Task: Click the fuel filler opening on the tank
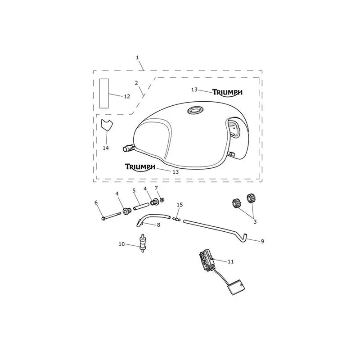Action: coord(195,110)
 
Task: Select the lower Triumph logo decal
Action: coord(140,167)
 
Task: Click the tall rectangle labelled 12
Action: coord(104,93)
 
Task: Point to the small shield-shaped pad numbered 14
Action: coord(107,125)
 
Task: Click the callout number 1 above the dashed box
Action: coord(137,58)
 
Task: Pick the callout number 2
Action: coord(136,83)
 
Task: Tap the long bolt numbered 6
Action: coord(111,216)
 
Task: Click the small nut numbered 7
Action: coord(162,200)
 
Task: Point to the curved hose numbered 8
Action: coord(153,219)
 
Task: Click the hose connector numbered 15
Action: coord(176,219)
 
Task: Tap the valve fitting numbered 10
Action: coord(142,243)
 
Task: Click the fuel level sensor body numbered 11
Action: coord(207,261)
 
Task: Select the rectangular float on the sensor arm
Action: coord(235,287)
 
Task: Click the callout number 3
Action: coord(255,222)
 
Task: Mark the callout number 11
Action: coord(231,261)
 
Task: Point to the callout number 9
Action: coord(262,241)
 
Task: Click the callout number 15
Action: coord(180,205)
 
